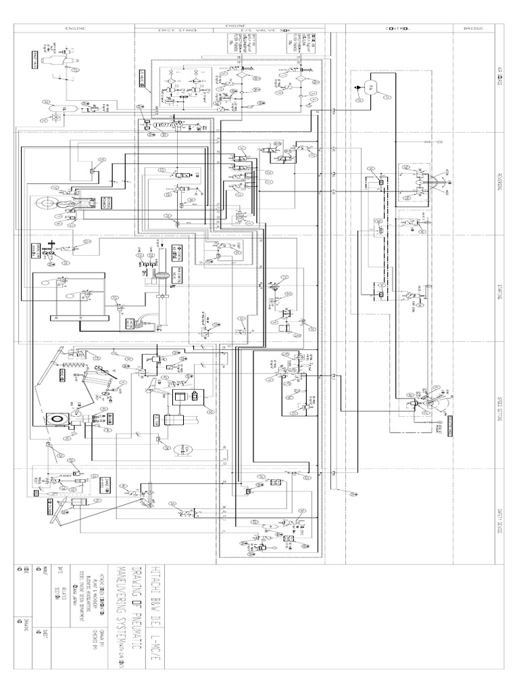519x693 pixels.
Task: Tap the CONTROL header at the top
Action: pos(398,28)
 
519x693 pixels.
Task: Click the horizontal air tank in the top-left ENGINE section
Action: pos(57,108)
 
